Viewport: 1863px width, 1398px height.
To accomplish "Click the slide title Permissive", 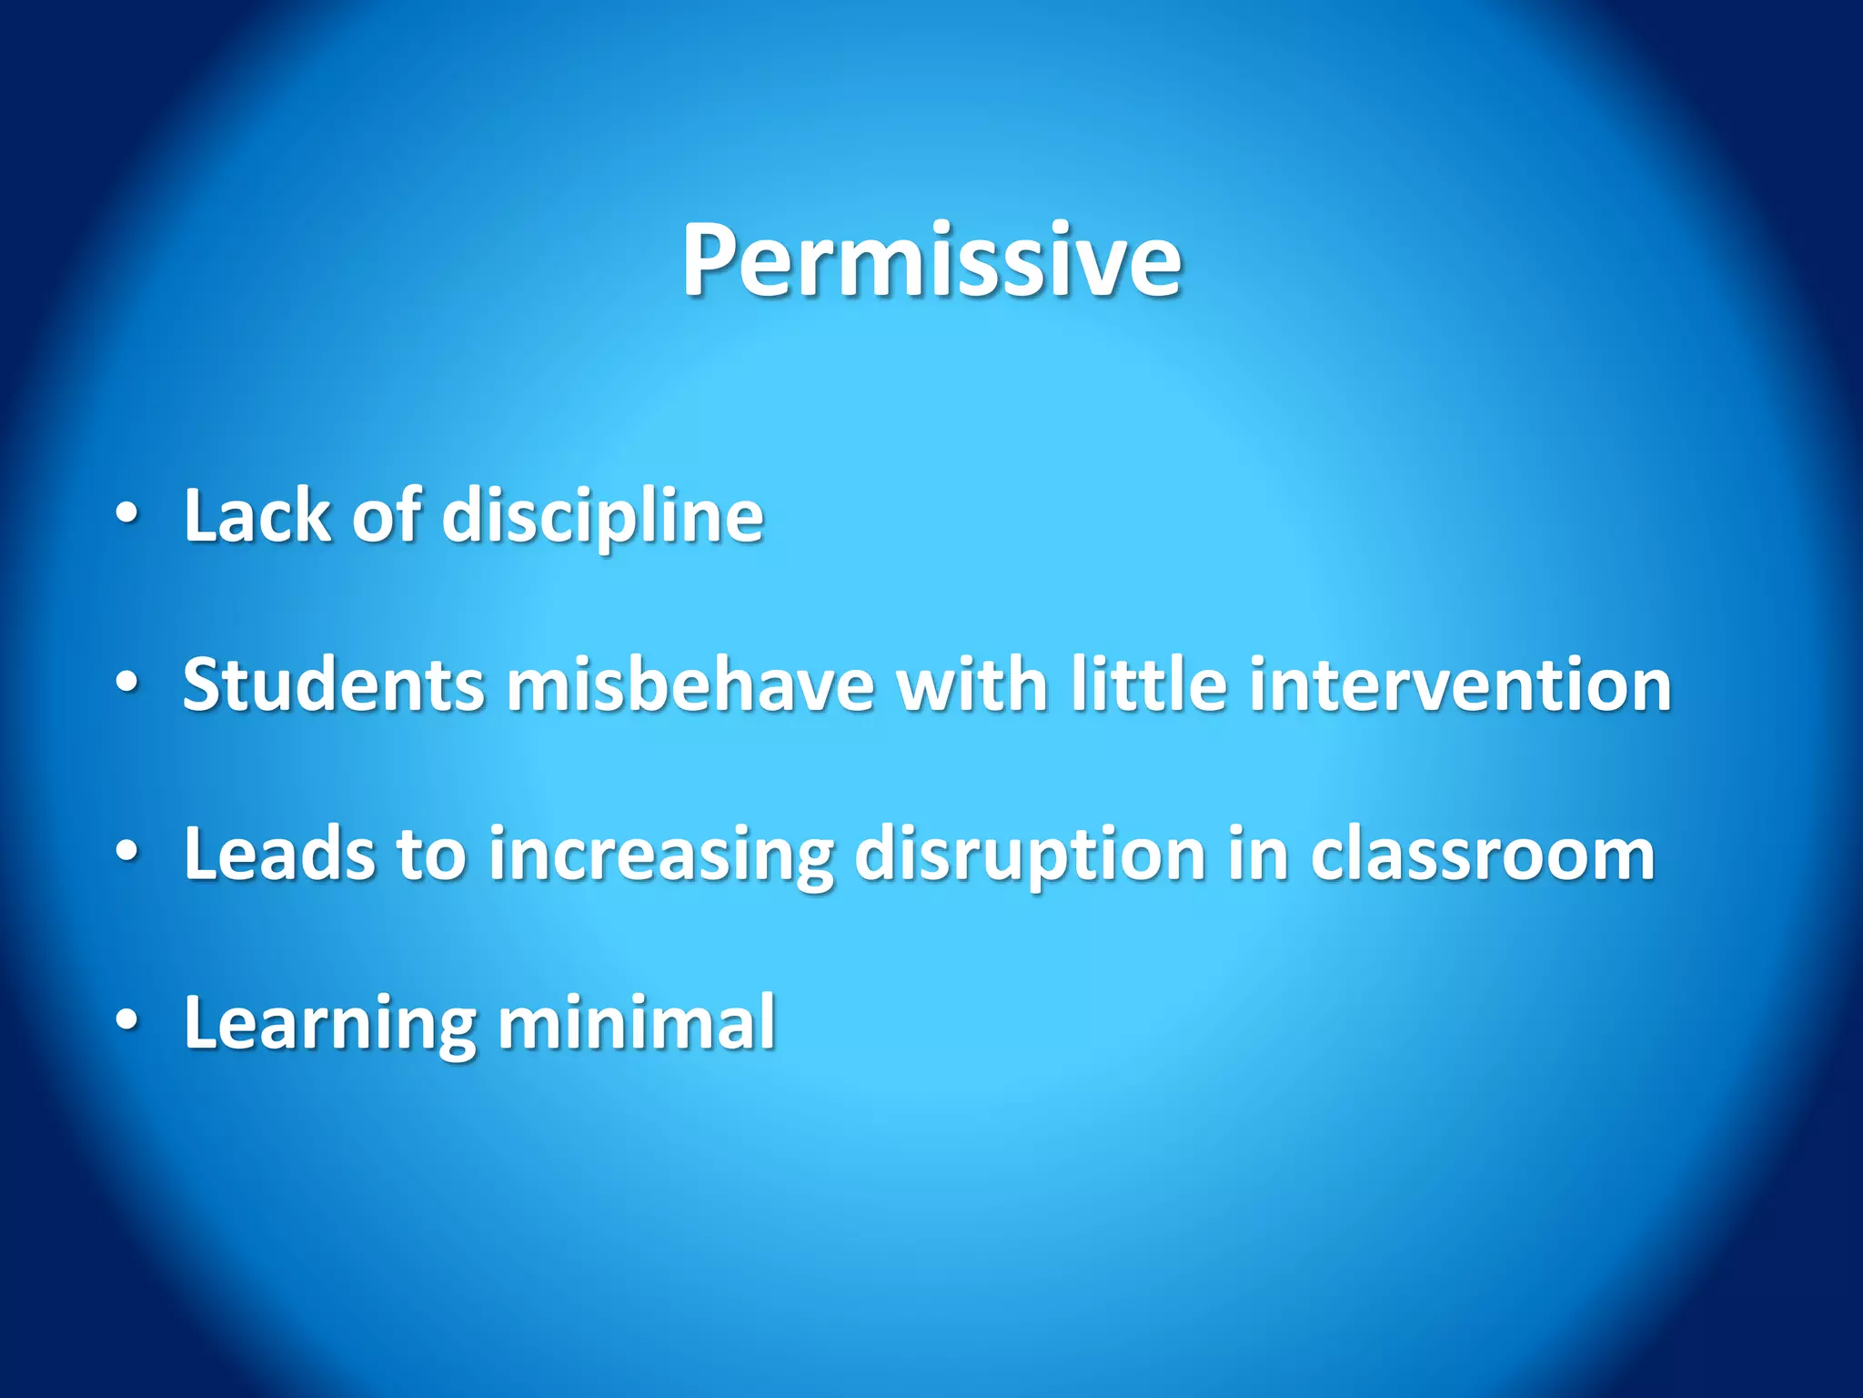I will point(931,261).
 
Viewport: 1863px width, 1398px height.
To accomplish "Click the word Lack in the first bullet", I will point(257,515).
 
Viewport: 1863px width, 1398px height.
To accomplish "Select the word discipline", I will point(602,517).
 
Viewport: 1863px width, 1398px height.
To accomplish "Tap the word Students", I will point(334,684).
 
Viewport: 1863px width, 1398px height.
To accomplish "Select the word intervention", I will point(1460,684).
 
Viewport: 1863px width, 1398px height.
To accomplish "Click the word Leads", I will point(279,854).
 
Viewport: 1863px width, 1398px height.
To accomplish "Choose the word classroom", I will point(1482,854).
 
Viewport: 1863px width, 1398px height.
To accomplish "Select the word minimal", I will point(637,1022).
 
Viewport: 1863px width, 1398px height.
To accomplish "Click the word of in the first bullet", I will point(387,515).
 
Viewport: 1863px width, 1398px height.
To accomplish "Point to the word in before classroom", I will point(1257,854).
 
